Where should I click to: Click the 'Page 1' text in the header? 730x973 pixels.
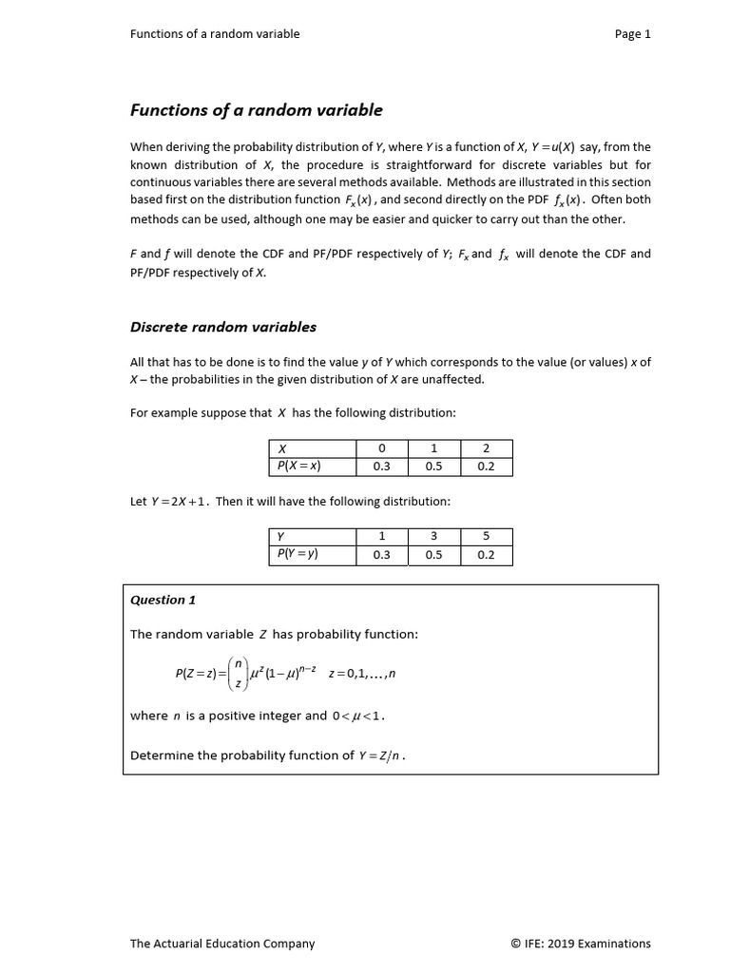[632, 34]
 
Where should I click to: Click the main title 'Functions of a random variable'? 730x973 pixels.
[256, 110]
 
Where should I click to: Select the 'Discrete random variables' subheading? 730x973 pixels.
[222, 327]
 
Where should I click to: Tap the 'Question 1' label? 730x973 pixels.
[163, 600]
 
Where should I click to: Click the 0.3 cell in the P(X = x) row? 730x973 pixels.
[381, 467]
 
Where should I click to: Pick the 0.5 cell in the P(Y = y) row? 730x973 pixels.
[433, 555]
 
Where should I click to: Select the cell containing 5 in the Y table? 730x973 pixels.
[486, 537]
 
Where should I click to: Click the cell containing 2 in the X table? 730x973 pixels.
[486, 448]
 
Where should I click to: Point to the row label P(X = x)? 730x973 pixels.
[298, 467]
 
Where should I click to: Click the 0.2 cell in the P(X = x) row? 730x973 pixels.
[486, 467]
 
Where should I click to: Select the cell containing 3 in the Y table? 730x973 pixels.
[433, 537]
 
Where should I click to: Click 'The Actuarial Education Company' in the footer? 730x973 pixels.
[221, 944]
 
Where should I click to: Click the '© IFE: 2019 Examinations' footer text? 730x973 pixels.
[580, 944]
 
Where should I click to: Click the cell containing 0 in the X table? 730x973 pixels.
[381, 448]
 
